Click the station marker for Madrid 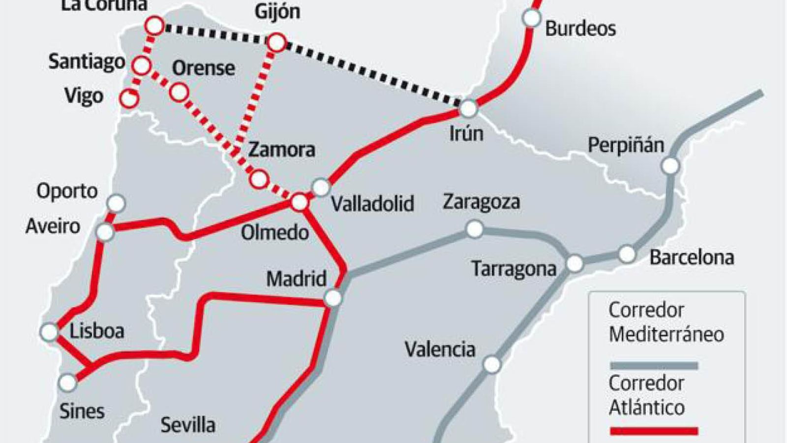(x=333, y=298)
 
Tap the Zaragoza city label (x=481, y=202)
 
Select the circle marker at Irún (x=468, y=108)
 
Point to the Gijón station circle (x=277, y=42)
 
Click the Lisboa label (x=97, y=331)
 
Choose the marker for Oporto (x=117, y=203)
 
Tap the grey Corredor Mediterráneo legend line (x=654, y=366)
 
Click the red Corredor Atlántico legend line (x=654, y=431)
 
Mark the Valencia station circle (x=491, y=365)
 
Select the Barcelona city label (x=692, y=257)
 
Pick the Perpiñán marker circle (x=670, y=166)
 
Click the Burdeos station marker (x=531, y=18)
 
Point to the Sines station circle (x=68, y=382)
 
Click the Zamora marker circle (x=259, y=179)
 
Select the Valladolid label (x=372, y=204)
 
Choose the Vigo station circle (x=129, y=98)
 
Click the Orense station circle (x=179, y=92)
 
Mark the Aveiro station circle (x=105, y=232)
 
